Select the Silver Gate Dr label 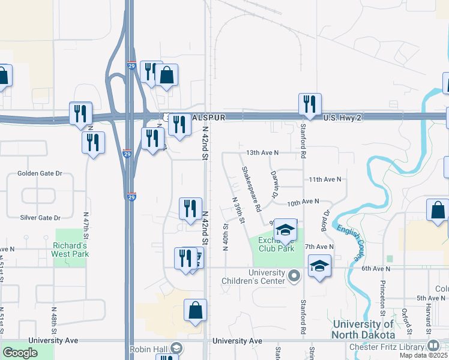click(40, 218)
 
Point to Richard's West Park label click(70, 250)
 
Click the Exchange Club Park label click(276, 244)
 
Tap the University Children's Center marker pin click(294, 276)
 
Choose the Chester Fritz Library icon click(433, 346)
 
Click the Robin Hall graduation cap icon click(176, 348)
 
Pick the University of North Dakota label click(364, 329)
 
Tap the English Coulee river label click(349, 242)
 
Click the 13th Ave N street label click(257, 152)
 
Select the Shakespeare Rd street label click(251, 190)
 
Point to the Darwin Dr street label click(274, 184)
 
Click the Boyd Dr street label click(326, 221)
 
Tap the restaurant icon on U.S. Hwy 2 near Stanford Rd click(310, 104)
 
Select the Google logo click(20, 353)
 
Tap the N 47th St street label click(86, 222)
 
